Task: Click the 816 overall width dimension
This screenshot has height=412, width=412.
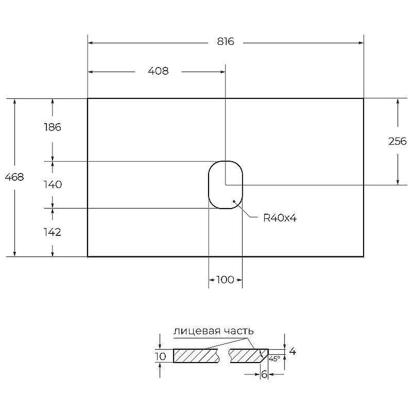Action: tap(226, 42)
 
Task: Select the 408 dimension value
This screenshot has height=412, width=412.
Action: tap(158, 71)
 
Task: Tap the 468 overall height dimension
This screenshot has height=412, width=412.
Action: tap(14, 177)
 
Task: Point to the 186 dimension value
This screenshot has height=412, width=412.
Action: tap(53, 127)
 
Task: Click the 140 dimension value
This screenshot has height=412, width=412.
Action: tap(53, 184)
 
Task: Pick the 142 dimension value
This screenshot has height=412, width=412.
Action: tap(53, 232)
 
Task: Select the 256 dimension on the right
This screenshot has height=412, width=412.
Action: tap(397, 141)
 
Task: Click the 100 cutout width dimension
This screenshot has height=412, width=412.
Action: tap(225, 280)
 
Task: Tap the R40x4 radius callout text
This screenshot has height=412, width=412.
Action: tap(280, 218)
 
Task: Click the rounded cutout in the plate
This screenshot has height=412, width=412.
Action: tap(209, 185)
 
